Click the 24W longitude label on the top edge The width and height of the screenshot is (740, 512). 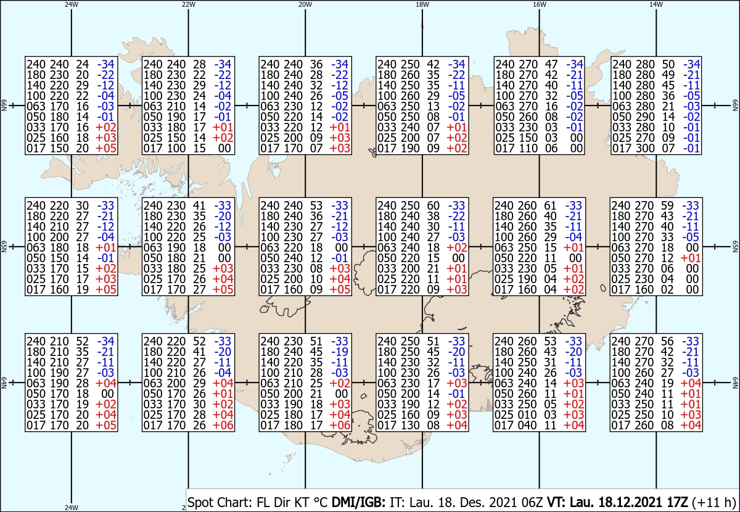[72, 4]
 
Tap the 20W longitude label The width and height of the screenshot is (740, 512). [305, 4]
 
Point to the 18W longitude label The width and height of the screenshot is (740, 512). [422, 4]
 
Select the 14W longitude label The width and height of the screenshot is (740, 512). [656, 4]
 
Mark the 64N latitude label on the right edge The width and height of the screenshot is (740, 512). [735, 383]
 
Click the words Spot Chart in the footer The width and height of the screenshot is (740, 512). [213, 501]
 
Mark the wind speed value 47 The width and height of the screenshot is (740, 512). [550, 64]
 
